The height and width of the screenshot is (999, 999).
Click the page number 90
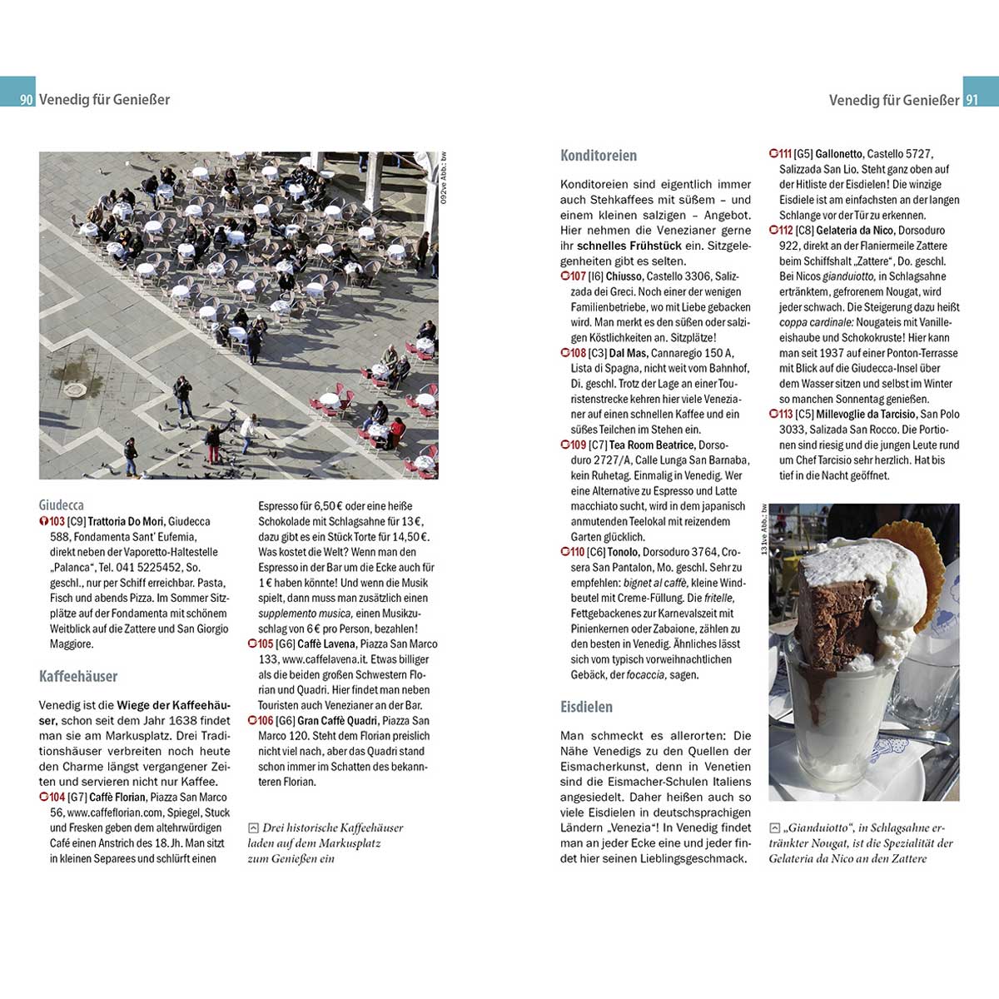(27, 100)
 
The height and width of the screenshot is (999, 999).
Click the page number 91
(972, 100)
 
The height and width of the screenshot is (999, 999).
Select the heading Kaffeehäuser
(78, 676)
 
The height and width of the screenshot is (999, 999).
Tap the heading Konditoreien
(599, 156)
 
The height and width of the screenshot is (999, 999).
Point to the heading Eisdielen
(586, 707)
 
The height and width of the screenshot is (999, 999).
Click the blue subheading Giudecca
(62, 504)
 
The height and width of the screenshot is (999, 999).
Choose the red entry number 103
(57, 522)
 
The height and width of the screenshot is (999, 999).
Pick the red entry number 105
(265, 644)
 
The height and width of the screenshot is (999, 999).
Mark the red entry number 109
(578, 445)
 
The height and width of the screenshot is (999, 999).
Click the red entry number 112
(784, 231)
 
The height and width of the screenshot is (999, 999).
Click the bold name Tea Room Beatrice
(652, 445)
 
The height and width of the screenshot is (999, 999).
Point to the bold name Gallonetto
(838, 154)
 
